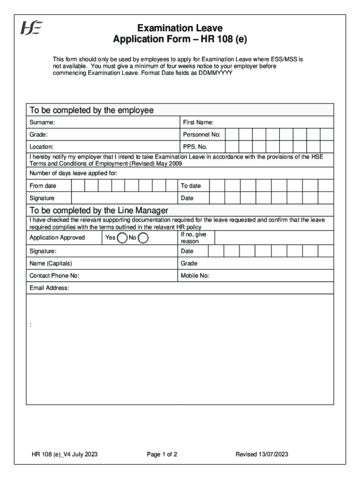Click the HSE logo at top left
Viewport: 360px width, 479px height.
[x=31, y=29]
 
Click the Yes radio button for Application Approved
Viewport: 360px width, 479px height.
[x=122, y=238]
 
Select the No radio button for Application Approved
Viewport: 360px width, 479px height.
[x=143, y=238]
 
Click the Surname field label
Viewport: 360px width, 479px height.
[x=42, y=123]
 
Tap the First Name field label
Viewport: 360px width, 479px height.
[x=198, y=123]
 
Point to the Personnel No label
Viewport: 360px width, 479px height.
[x=202, y=135]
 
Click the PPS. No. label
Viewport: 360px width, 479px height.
[x=195, y=147]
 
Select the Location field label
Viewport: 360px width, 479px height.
[x=42, y=147]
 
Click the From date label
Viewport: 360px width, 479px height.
[x=43, y=186]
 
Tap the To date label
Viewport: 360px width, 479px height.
[x=191, y=186]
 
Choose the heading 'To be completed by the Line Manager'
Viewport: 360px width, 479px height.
[x=99, y=210]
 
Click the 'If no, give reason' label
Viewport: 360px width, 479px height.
[x=194, y=238]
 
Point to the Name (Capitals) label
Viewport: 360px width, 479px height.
[x=51, y=263]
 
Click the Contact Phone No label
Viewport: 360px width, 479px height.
[x=54, y=276]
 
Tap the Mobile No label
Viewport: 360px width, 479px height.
[x=195, y=276]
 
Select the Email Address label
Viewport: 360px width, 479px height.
[x=50, y=288]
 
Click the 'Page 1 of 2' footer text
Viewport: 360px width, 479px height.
[x=162, y=454]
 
